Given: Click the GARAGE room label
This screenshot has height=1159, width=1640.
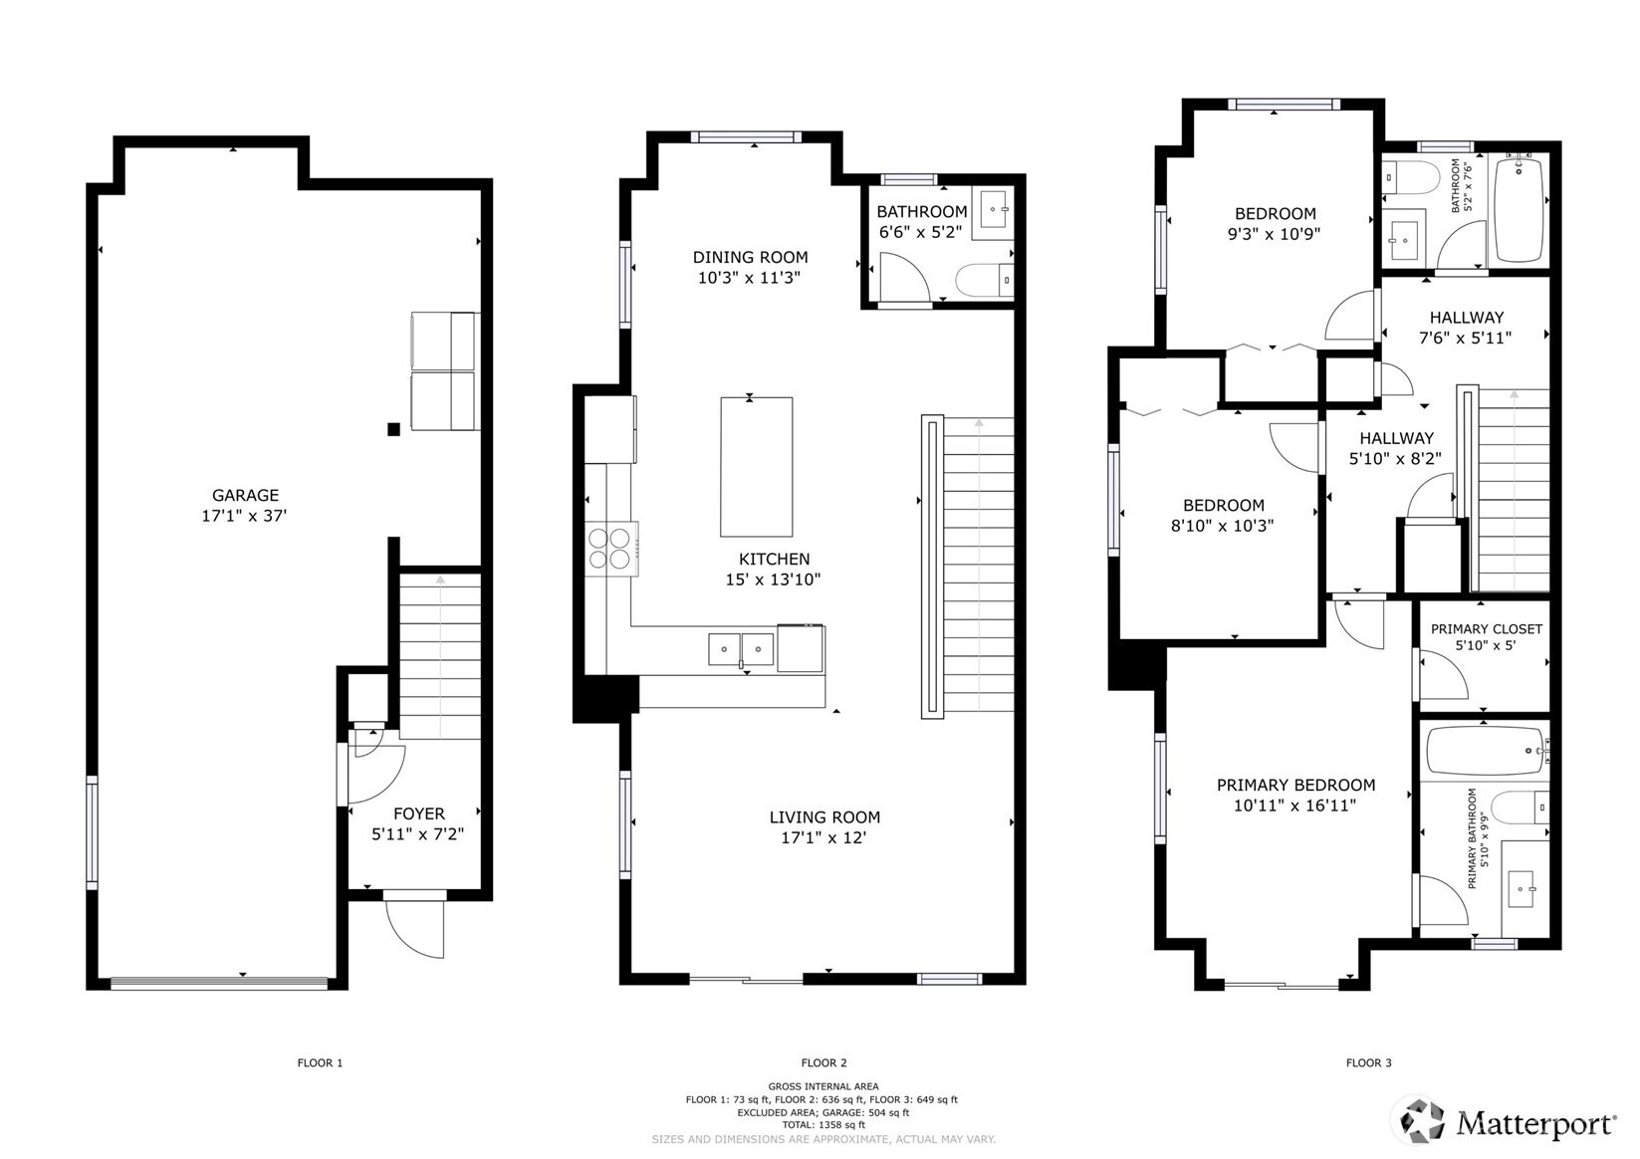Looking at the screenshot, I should (x=245, y=495).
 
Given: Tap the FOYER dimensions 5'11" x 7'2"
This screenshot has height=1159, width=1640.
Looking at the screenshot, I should (x=418, y=834).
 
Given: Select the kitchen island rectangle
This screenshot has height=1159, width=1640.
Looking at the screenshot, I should (x=756, y=467).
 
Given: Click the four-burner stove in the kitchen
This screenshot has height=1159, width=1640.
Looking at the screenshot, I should (x=609, y=549).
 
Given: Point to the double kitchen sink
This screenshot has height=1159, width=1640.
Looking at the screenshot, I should (x=741, y=649).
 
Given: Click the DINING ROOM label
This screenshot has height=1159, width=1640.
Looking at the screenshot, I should (x=750, y=257).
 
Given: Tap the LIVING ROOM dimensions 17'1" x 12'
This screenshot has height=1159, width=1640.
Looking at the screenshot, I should (x=823, y=838).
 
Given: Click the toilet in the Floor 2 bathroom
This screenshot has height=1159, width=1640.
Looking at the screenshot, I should (x=984, y=280).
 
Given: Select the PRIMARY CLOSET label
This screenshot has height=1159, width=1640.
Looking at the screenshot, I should (x=1486, y=629).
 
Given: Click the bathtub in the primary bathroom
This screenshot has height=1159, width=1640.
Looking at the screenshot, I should (x=1485, y=752).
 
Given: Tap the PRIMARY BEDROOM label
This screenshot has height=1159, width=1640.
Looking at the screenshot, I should (x=1295, y=785).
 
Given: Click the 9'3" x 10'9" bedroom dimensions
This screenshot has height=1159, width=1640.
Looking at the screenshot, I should (x=1275, y=234).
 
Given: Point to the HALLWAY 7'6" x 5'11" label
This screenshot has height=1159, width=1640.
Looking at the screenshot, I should (x=1466, y=328).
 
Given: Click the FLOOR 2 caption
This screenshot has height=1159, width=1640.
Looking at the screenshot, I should (x=823, y=1062).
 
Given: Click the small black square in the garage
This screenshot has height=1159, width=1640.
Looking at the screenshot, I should (x=393, y=429).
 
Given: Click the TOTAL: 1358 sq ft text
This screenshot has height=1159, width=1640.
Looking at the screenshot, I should (x=823, y=1125).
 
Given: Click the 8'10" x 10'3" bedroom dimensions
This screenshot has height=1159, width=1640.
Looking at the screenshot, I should (x=1222, y=526).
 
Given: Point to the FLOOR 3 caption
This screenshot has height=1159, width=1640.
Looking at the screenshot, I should (x=1368, y=1062).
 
